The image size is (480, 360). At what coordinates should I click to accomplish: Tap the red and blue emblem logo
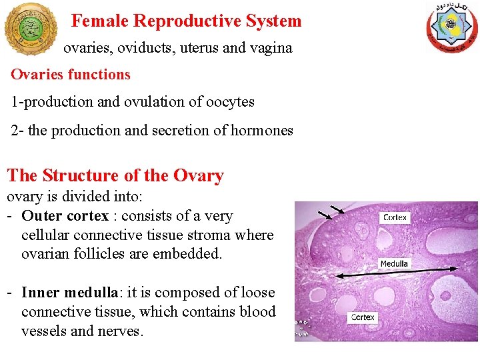click(452, 27)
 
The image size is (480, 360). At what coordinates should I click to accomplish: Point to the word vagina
click(269, 49)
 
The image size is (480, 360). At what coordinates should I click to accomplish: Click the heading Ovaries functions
click(71, 75)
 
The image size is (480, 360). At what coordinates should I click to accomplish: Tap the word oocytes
click(230, 102)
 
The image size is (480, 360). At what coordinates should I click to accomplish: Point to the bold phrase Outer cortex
click(65, 216)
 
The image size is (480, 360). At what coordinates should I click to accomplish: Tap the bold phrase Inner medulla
click(69, 293)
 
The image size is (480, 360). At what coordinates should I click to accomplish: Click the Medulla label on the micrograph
click(393, 264)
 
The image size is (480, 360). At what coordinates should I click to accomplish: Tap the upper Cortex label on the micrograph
click(395, 217)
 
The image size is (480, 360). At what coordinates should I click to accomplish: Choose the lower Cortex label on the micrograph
click(363, 317)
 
